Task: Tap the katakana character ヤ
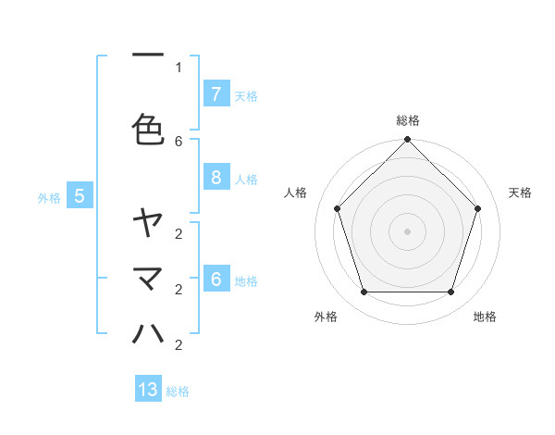[148, 222]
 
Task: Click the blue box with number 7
[216, 94]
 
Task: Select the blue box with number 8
[216, 178]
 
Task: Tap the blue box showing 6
[216, 280]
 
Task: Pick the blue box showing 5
[80, 195]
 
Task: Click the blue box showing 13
[148, 390]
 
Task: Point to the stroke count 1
[179, 67]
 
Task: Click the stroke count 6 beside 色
[179, 141]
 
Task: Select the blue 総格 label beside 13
[178, 391]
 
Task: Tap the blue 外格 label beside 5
[49, 197]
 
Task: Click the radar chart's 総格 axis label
[408, 120]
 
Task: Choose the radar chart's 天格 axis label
[520, 193]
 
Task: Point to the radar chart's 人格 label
[296, 193]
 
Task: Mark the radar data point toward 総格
[407, 140]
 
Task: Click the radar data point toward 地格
[450, 292]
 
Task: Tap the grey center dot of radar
[407, 230]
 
